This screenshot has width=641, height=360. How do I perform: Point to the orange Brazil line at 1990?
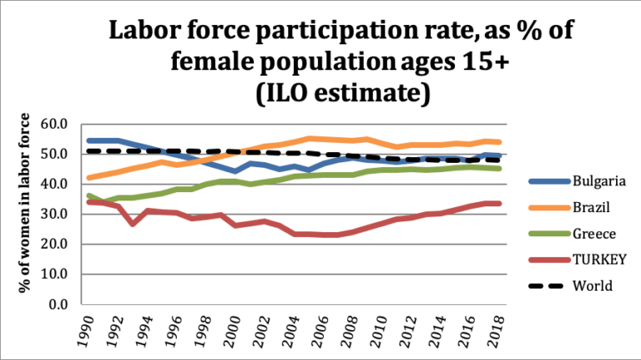click(x=88, y=178)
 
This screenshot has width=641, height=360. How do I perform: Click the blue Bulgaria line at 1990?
click(x=88, y=140)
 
